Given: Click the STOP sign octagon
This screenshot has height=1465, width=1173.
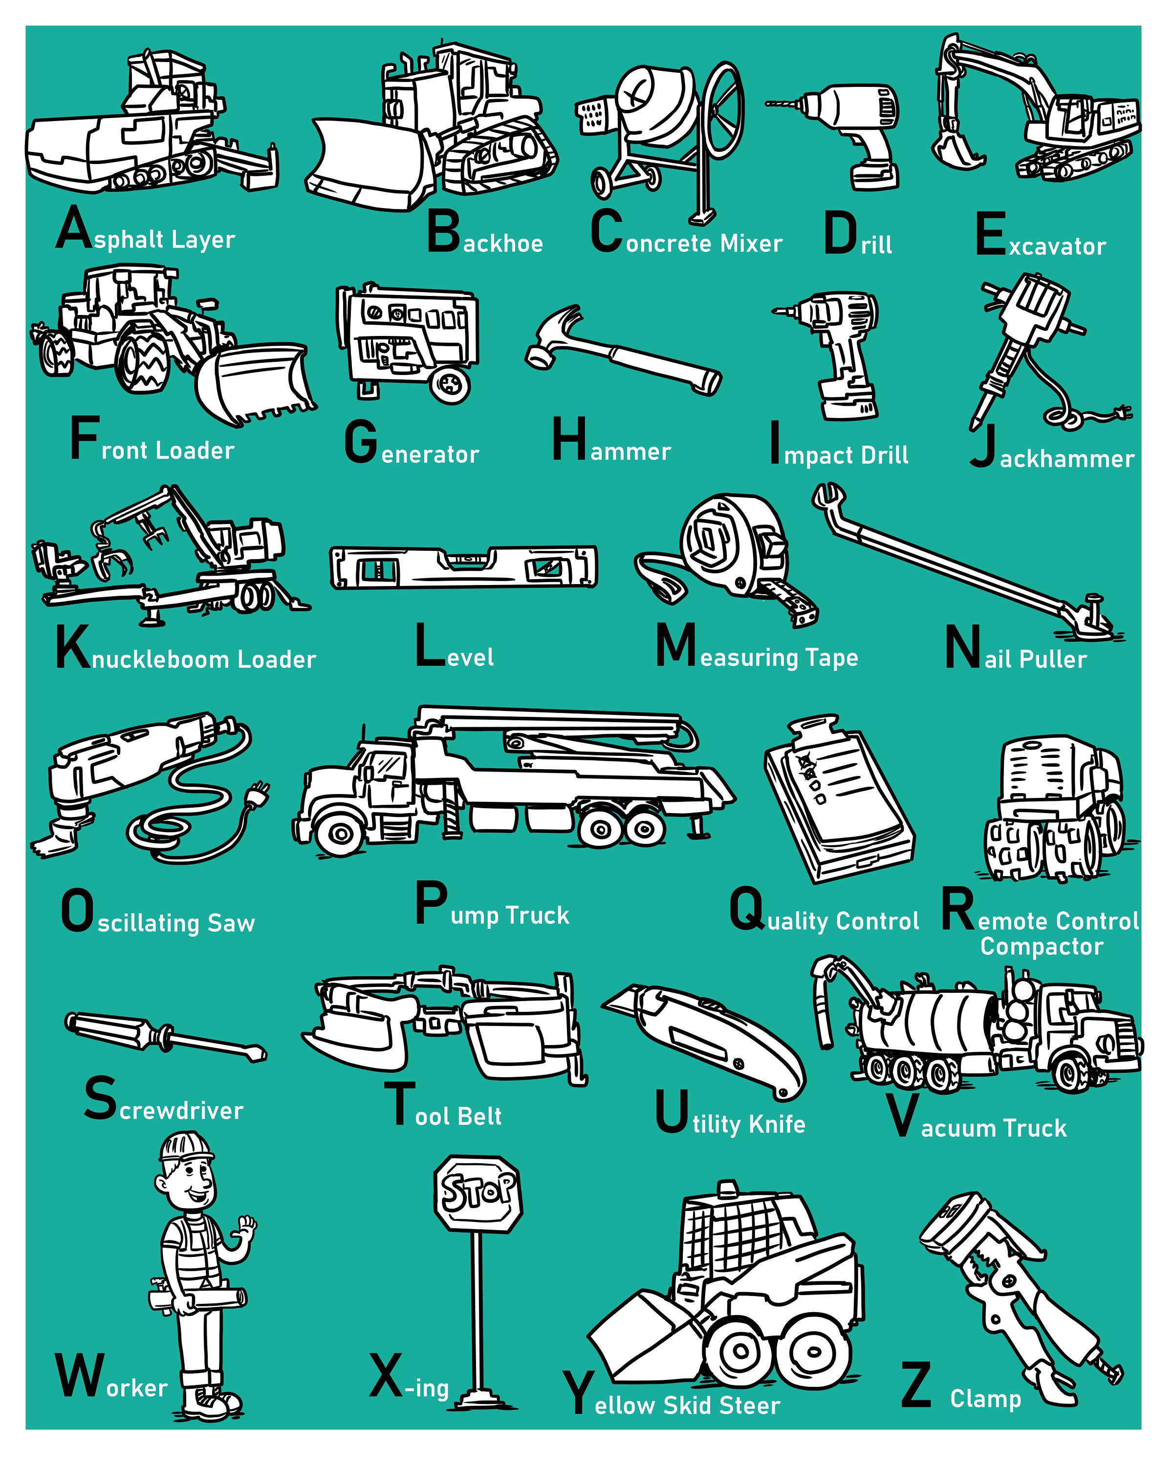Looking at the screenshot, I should pos(478,1193).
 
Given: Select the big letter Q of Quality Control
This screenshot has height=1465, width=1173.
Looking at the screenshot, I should pos(747,909).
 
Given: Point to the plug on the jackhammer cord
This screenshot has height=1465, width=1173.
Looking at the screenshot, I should pos(1121,412).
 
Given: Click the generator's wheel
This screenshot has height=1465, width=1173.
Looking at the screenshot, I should pos(450,385).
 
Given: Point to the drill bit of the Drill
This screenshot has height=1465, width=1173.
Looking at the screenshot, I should pos(782,104).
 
